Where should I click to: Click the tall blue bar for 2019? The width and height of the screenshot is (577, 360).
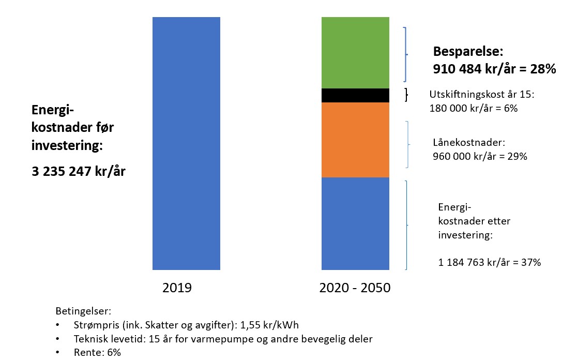186,143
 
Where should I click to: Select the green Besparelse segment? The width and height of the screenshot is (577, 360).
355,53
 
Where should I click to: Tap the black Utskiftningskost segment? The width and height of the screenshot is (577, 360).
355,96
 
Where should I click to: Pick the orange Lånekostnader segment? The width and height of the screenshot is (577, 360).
355,140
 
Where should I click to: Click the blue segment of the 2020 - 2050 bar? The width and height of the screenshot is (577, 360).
355,223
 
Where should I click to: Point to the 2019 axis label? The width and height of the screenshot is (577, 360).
177,288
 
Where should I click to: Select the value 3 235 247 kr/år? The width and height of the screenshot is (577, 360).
79,171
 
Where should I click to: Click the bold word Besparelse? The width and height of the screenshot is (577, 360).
467,52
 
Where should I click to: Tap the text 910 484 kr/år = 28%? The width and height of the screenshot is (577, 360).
494,69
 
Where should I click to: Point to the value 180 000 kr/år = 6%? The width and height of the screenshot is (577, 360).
473,109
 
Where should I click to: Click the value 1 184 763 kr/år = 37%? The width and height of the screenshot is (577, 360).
489,262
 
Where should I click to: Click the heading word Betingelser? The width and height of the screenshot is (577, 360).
83,311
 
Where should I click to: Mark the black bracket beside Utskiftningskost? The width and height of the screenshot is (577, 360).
406,95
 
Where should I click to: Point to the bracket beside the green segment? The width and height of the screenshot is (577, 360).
406,54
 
